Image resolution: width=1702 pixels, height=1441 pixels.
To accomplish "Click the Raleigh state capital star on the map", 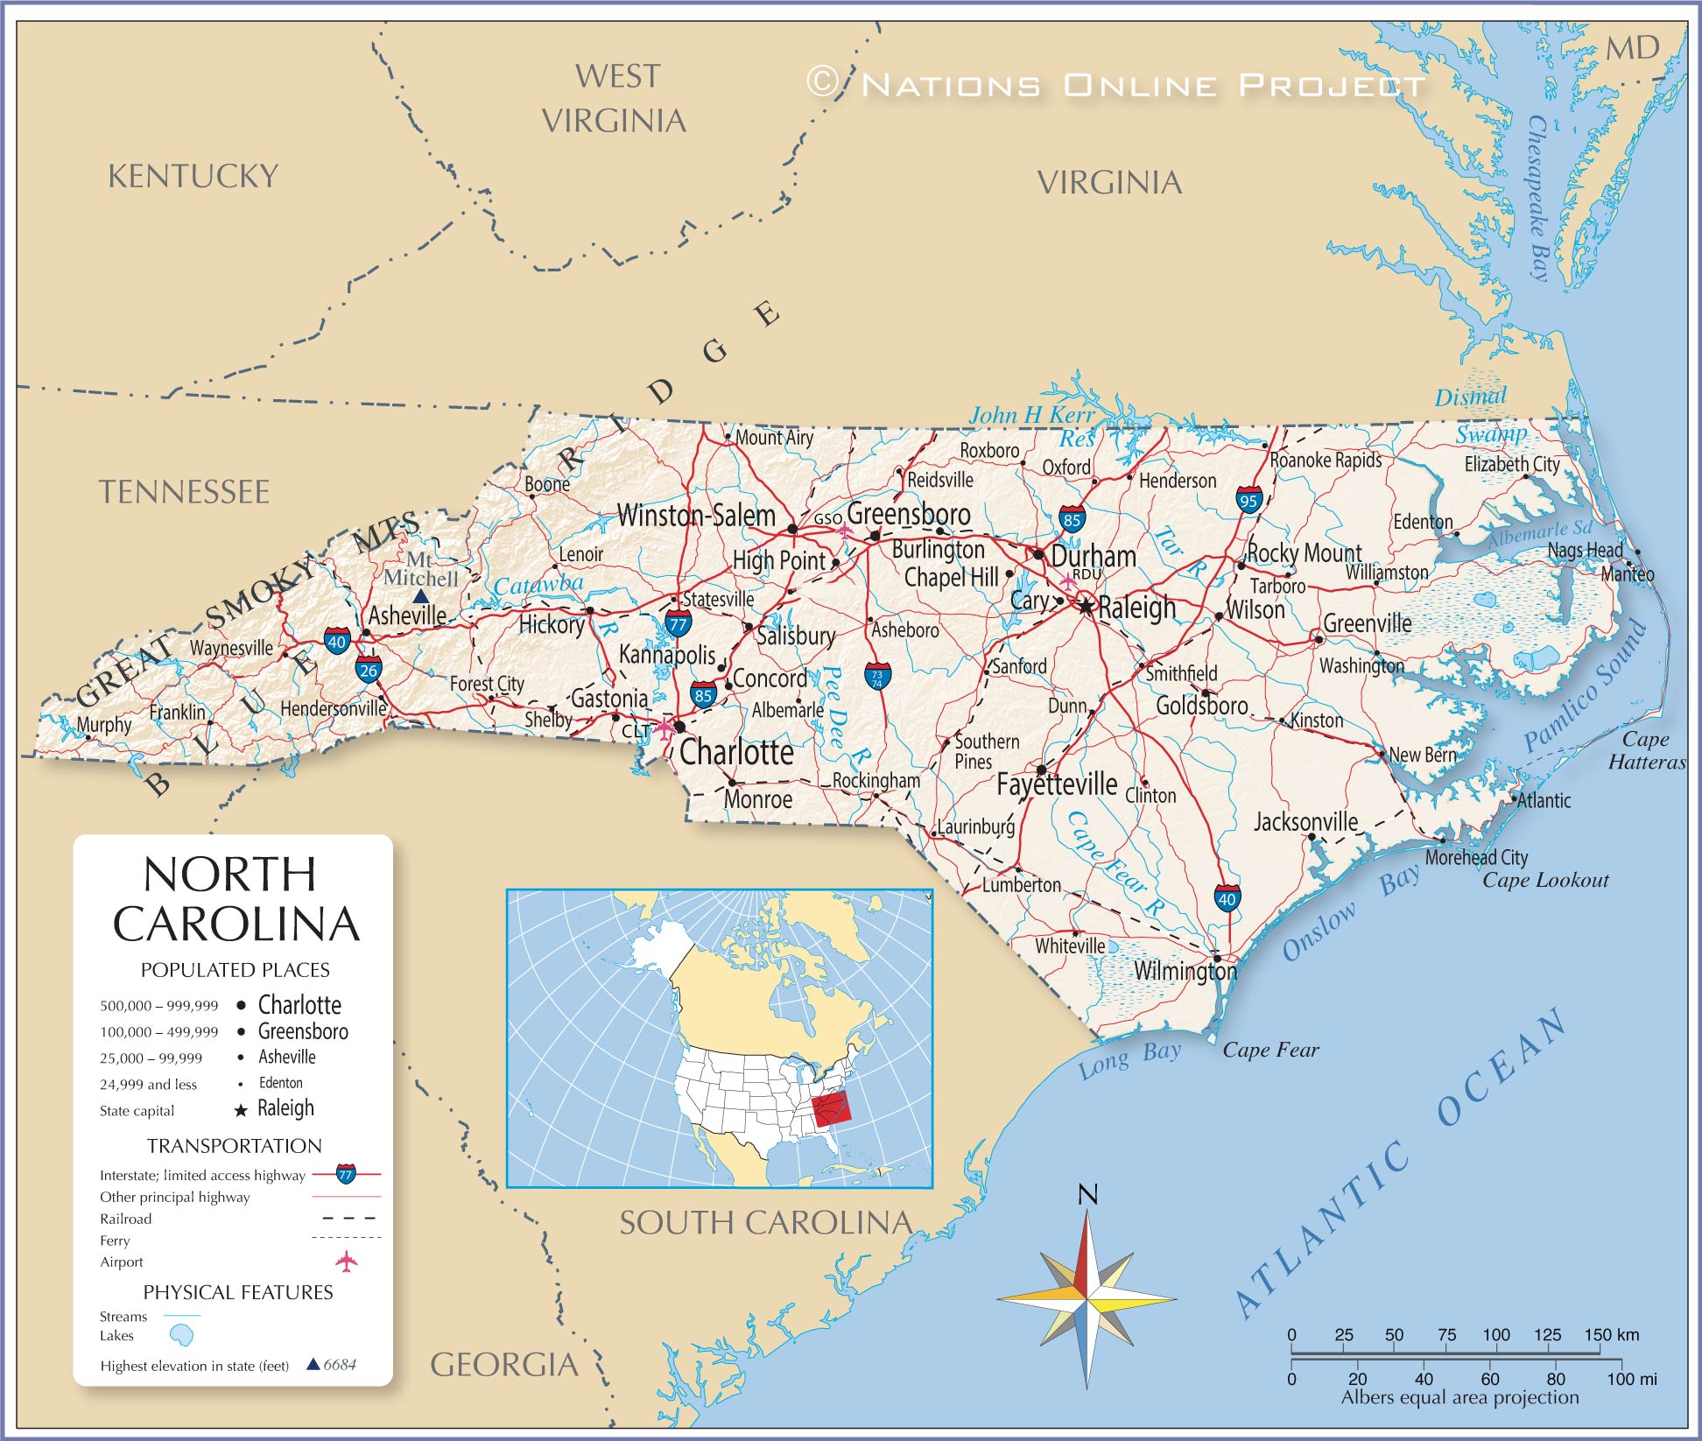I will [x=1086, y=606].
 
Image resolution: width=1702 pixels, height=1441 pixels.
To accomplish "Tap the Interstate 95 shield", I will [x=1249, y=501].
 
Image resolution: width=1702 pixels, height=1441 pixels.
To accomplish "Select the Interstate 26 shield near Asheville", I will [x=368, y=670].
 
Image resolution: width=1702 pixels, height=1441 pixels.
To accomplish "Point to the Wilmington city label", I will [x=1185, y=971].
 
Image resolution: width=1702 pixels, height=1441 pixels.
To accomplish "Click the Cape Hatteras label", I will [x=1646, y=751].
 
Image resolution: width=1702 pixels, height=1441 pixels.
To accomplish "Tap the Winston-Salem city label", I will [x=696, y=516].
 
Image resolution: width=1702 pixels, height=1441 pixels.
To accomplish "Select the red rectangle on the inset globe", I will [x=831, y=1110].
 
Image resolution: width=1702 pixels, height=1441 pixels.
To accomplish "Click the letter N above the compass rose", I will [x=1087, y=1195].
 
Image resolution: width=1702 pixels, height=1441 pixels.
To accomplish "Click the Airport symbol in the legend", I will [x=347, y=1262].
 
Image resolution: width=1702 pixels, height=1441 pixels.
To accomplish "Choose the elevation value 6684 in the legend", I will [x=340, y=1365].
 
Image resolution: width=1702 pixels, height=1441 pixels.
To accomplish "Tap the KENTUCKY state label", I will [x=193, y=177].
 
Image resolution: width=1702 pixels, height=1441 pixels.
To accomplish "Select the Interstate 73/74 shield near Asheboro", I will [x=877, y=677].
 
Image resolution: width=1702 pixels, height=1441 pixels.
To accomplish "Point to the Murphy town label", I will [x=103, y=725].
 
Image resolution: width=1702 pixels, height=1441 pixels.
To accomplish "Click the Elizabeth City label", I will [x=1512, y=464].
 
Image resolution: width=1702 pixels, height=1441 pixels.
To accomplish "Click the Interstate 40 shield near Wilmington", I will [x=1227, y=898].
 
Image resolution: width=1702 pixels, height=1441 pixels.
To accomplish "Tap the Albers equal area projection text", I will [x=1459, y=1398].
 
